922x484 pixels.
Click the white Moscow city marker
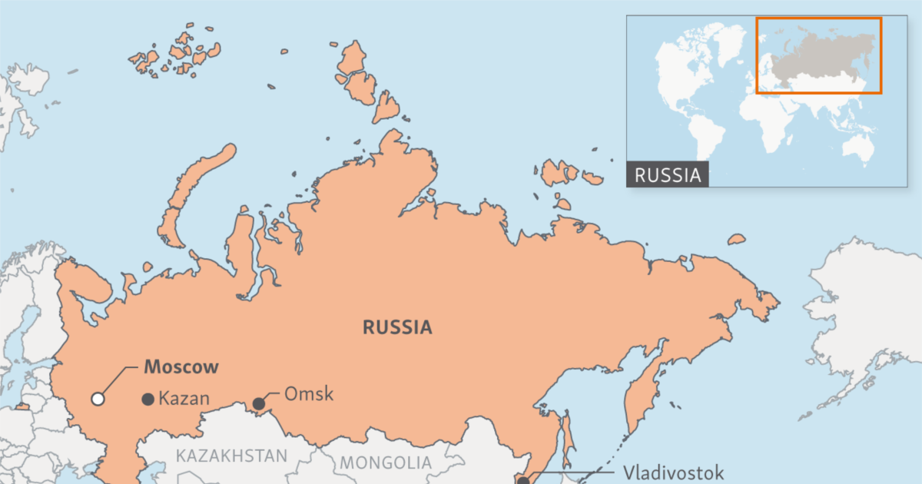tap(98, 398)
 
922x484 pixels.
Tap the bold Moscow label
tap(181, 366)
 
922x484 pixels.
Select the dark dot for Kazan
tap(148, 399)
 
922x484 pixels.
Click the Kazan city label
tap(184, 399)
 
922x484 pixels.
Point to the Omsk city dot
tap(259, 403)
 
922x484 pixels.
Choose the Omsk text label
tap(309, 395)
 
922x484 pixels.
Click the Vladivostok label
tap(673, 472)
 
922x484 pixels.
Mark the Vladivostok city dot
tap(523, 481)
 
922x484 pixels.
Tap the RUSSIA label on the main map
tap(397, 328)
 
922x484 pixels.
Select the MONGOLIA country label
tap(386, 463)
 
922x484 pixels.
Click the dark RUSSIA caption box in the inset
tap(668, 174)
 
